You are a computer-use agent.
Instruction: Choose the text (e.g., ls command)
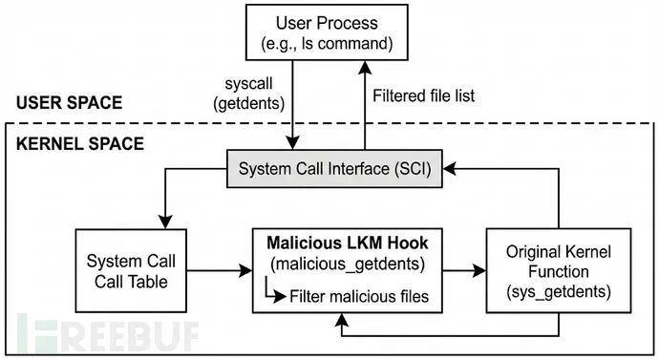click(327, 44)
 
